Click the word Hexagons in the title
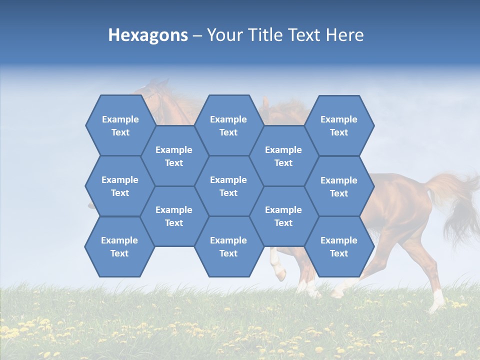click(148, 35)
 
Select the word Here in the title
click(344, 35)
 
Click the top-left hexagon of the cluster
click(120, 125)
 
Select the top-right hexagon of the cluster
click(339, 125)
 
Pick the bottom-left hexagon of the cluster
click(119, 246)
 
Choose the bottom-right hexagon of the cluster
click(339, 246)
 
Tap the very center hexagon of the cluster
click(228, 186)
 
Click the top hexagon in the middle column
click(228, 125)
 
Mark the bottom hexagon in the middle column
click(228, 246)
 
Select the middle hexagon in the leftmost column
click(120, 186)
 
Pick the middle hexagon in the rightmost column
click(339, 186)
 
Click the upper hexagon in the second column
click(174, 156)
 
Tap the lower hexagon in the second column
click(174, 216)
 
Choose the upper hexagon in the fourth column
click(283, 156)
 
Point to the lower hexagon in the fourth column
click(283, 216)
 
